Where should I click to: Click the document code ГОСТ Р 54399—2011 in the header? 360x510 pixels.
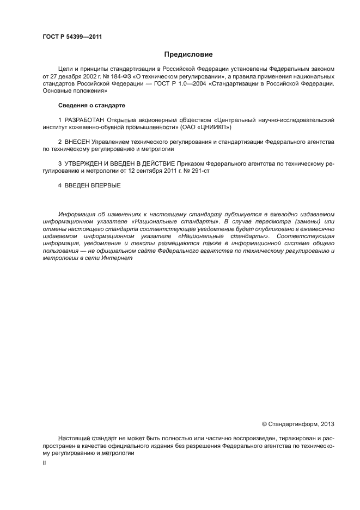pos(72,37)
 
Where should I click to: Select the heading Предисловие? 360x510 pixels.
pos(188,54)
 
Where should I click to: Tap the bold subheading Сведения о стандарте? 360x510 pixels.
pos(91,105)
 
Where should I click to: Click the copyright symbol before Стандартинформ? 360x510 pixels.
pos(265,423)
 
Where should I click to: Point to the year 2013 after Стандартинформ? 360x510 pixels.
pos(327,423)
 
